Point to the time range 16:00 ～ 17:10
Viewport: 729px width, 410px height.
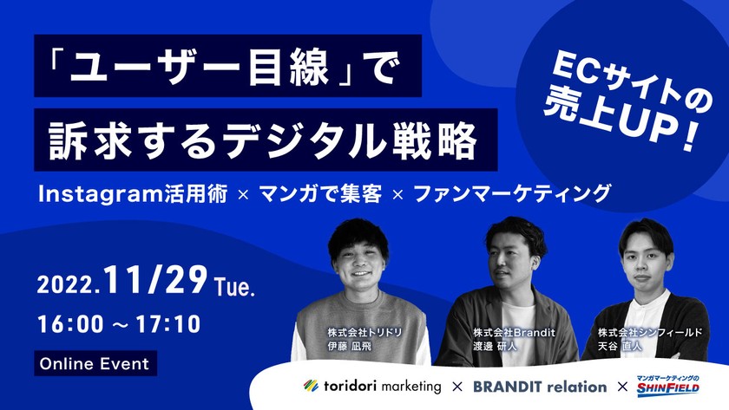(x=119, y=324)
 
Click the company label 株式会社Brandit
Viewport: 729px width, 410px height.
(x=514, y=332)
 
